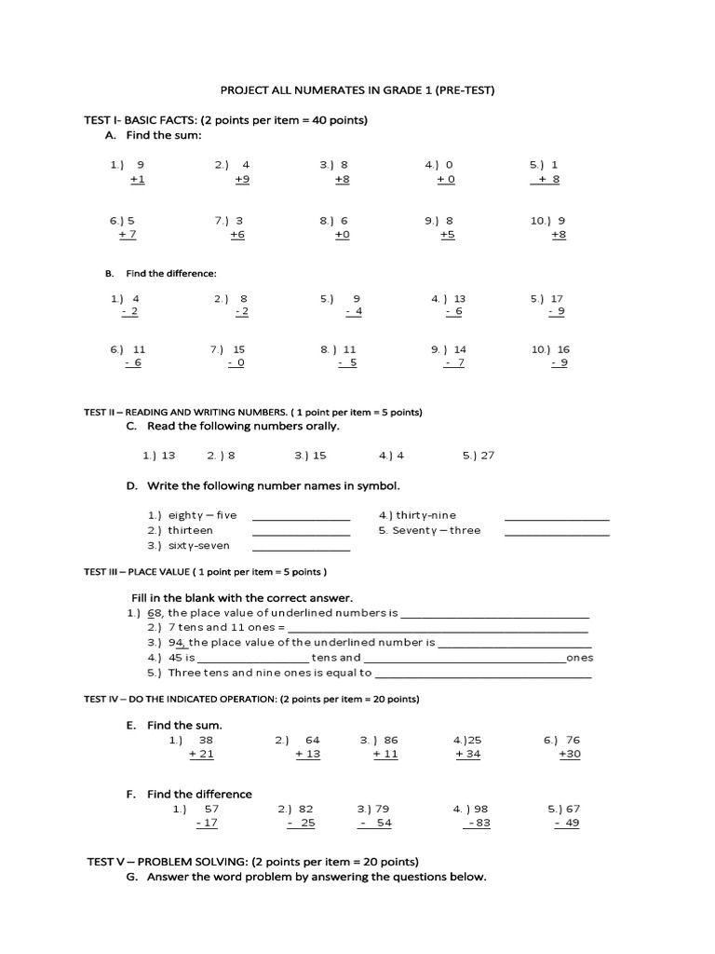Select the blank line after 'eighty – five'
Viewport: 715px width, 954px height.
point(301,518)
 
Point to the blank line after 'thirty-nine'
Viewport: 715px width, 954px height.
point(557,518)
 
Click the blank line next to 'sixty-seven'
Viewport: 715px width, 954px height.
point(301,549)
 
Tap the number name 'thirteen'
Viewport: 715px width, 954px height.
point(191,530)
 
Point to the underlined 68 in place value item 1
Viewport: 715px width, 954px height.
point(155,613)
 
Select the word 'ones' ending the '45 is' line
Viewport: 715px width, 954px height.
point(580,658)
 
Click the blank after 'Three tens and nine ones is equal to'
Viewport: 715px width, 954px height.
point(483,675)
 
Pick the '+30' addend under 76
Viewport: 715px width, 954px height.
point(569,754)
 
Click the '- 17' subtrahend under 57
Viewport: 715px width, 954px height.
point(207,823)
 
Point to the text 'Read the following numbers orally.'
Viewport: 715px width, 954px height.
point(244,426)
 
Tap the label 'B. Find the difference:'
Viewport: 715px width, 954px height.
point(161,274)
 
